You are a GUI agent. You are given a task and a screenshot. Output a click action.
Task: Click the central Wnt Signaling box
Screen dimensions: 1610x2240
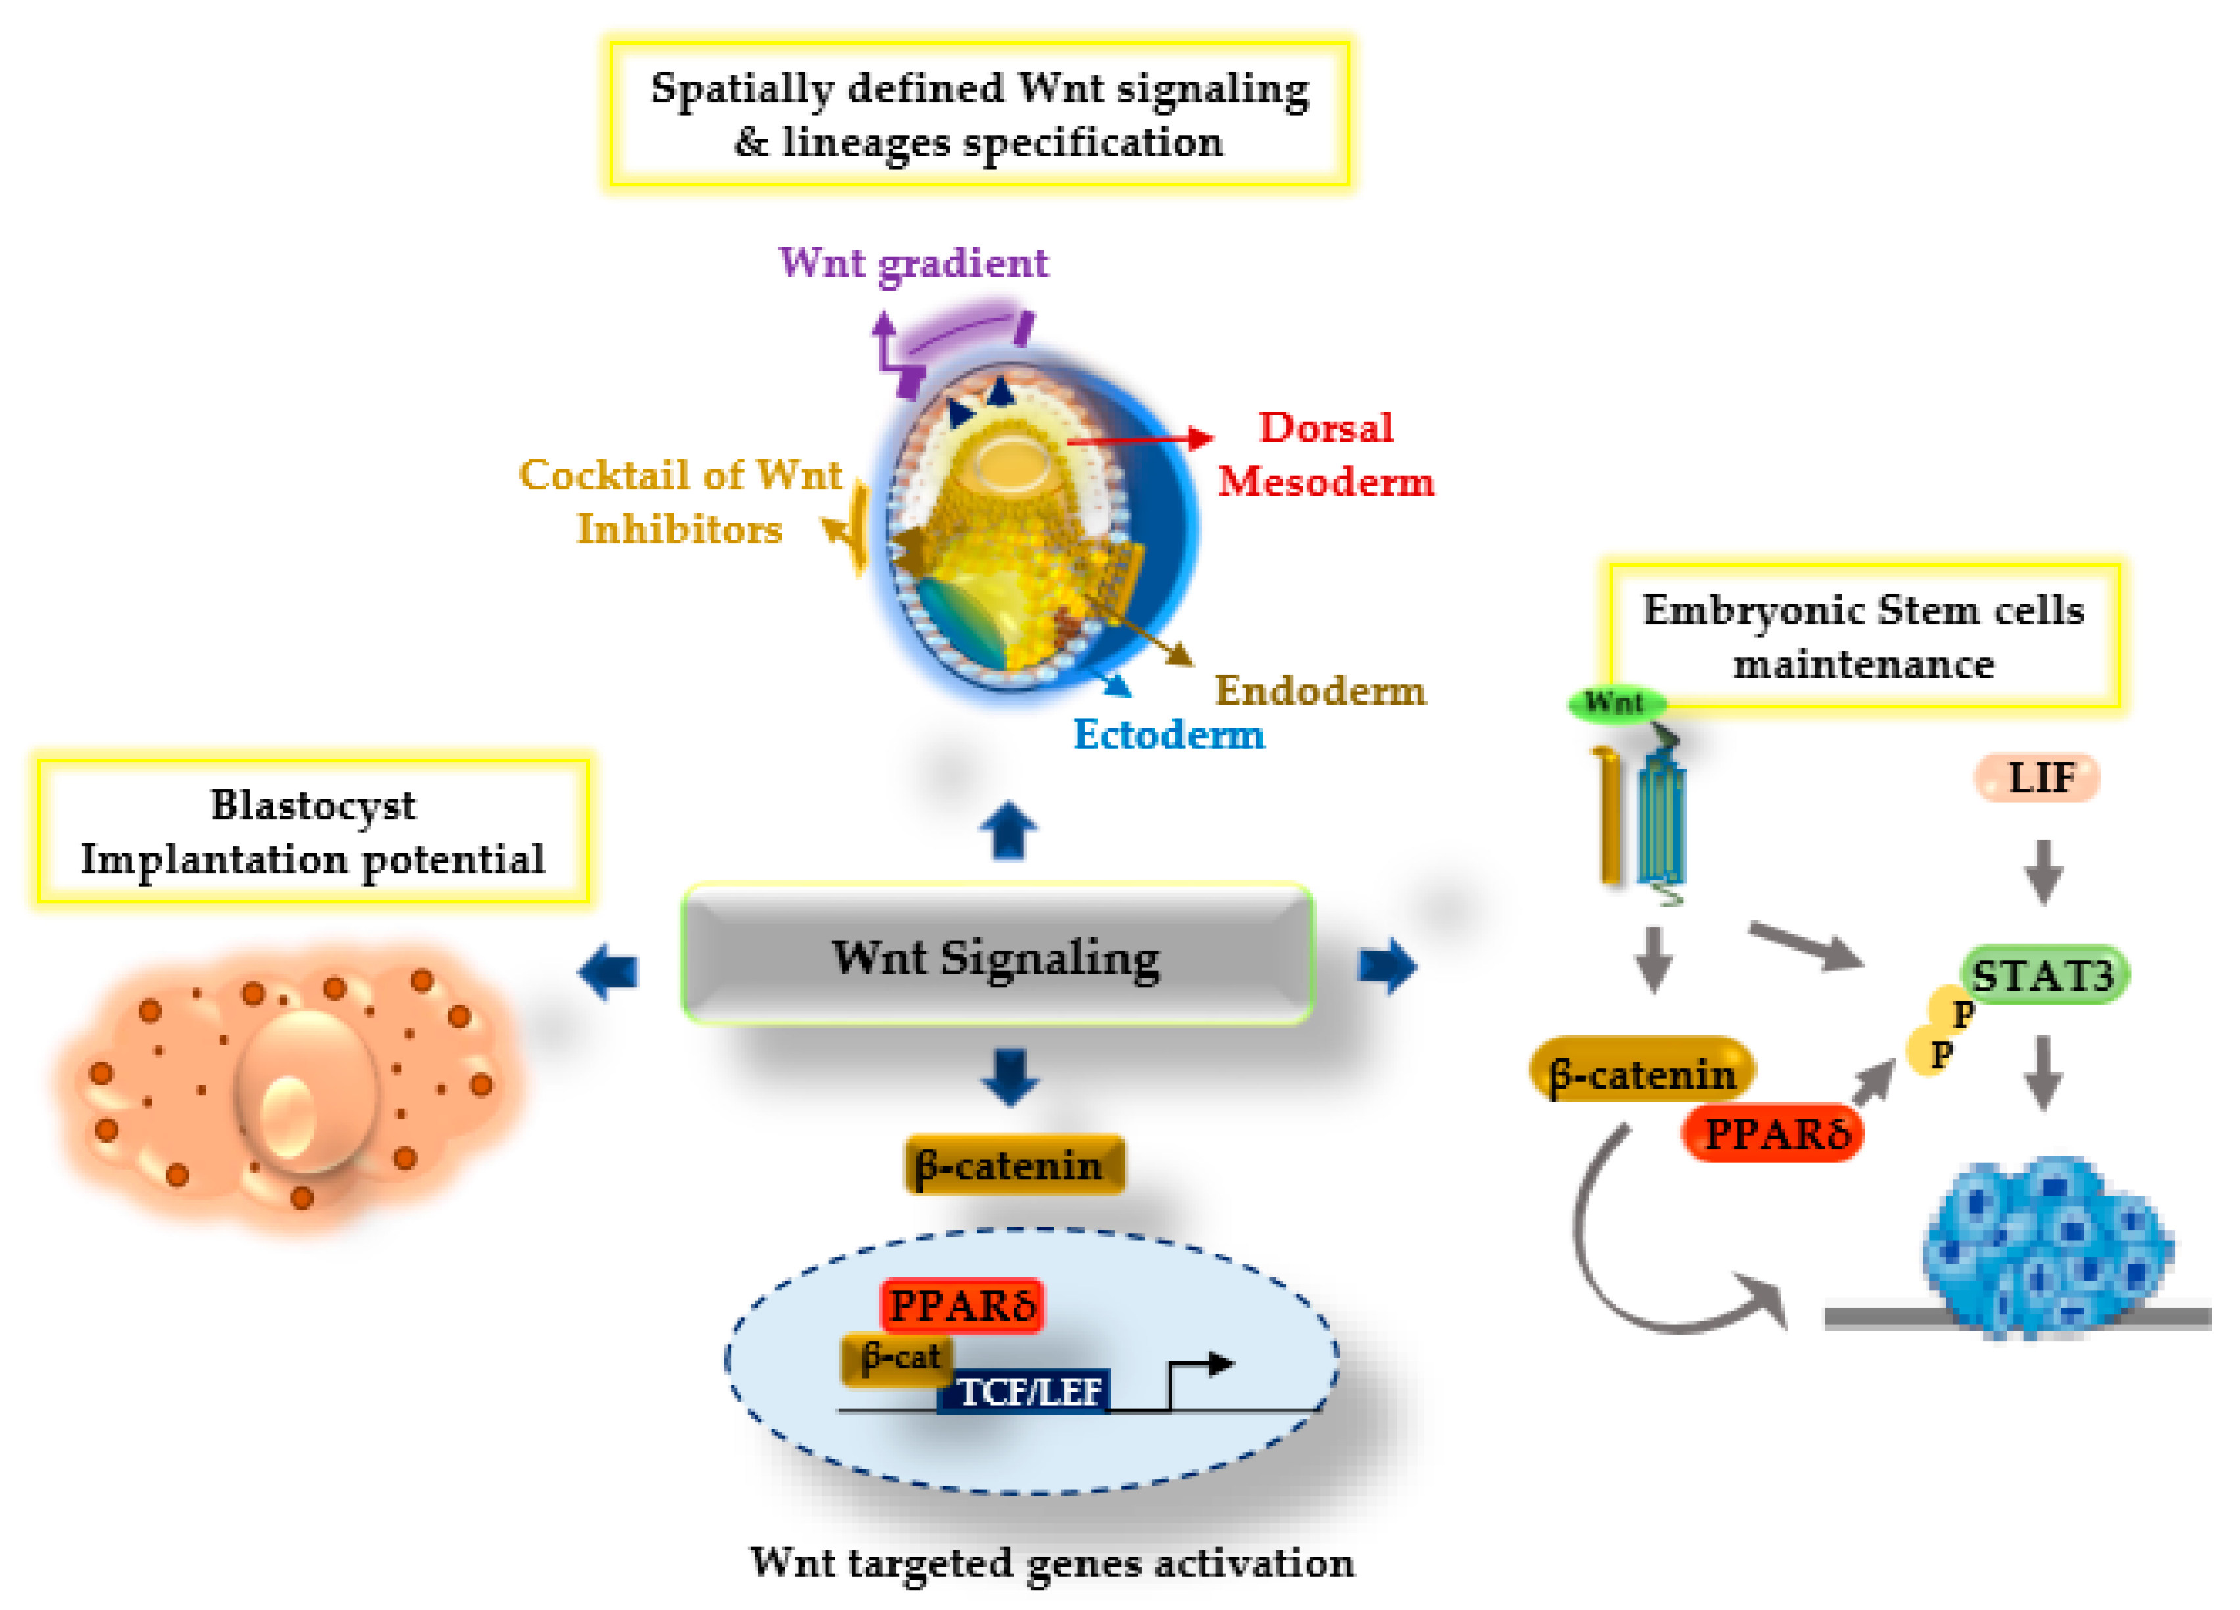click(996, 954)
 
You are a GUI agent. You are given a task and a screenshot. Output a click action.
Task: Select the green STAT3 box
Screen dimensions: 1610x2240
click(2042, 975)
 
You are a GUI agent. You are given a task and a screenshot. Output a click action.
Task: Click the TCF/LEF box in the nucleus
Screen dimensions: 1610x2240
click(1027, 1390)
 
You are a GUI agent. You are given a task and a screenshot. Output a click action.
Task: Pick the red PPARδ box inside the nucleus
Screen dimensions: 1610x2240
click(961, 1305)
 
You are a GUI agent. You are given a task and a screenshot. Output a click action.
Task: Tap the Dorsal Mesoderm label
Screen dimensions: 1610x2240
click(1324, 454)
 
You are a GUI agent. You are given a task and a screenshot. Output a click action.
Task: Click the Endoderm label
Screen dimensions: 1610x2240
click(1320, 690)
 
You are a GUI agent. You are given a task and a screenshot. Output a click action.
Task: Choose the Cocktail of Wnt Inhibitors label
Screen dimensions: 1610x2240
click(680, 502)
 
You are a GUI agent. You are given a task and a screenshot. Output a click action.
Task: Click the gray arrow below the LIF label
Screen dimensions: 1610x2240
click(2042, 869)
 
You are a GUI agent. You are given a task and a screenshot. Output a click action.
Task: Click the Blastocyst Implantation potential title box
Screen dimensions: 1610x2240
click(312, 831)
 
